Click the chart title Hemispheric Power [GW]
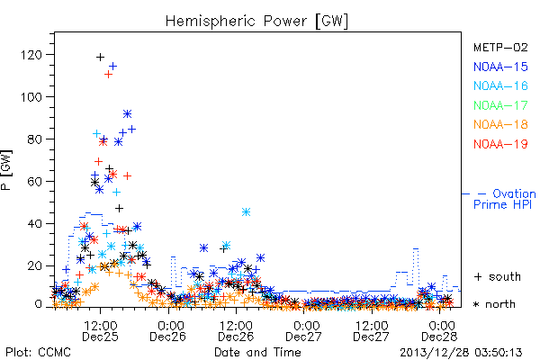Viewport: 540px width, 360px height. pyautogui.click(x=256, y=21)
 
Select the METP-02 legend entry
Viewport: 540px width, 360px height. pyautogui.click(x=500, y=47)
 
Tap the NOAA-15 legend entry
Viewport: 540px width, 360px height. pyautogui.click(x=500, y=67)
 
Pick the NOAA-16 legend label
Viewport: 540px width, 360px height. pyautogui.click(x=500, y=85)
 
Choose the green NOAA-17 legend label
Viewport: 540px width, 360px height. pyautogui.click(x=500, y=105)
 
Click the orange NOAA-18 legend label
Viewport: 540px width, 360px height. pyautogui.click(x=500, y=124)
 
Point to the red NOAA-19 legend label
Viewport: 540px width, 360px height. pyautogui.click(x=500, y=144)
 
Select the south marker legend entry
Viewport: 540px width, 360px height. pyautogui.click(x=498, y=276)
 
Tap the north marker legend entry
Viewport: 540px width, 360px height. pyautogui.click(x=494, y=304)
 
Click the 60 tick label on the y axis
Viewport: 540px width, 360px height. pyautogui.click(x=34, y=181)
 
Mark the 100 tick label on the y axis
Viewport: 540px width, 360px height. pyautogui.click(x=31, y=97)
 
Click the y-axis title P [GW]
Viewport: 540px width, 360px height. pyautogui.click(x=6, y=170)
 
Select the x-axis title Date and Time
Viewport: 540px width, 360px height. pyautogui.click(x=257, y=353)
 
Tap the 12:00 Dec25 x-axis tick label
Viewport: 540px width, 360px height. pyautogui.click(x=100, y=331)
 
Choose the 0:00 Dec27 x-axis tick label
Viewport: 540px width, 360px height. pyautogui.click(x=304, y=331)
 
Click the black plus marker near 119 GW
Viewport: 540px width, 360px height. pyautogui.click(x=100, y=57)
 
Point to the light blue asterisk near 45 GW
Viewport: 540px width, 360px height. pyautogui.click(x=246, y=211)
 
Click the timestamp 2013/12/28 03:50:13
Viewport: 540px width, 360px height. pyautogui.click(x=461, y=353)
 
